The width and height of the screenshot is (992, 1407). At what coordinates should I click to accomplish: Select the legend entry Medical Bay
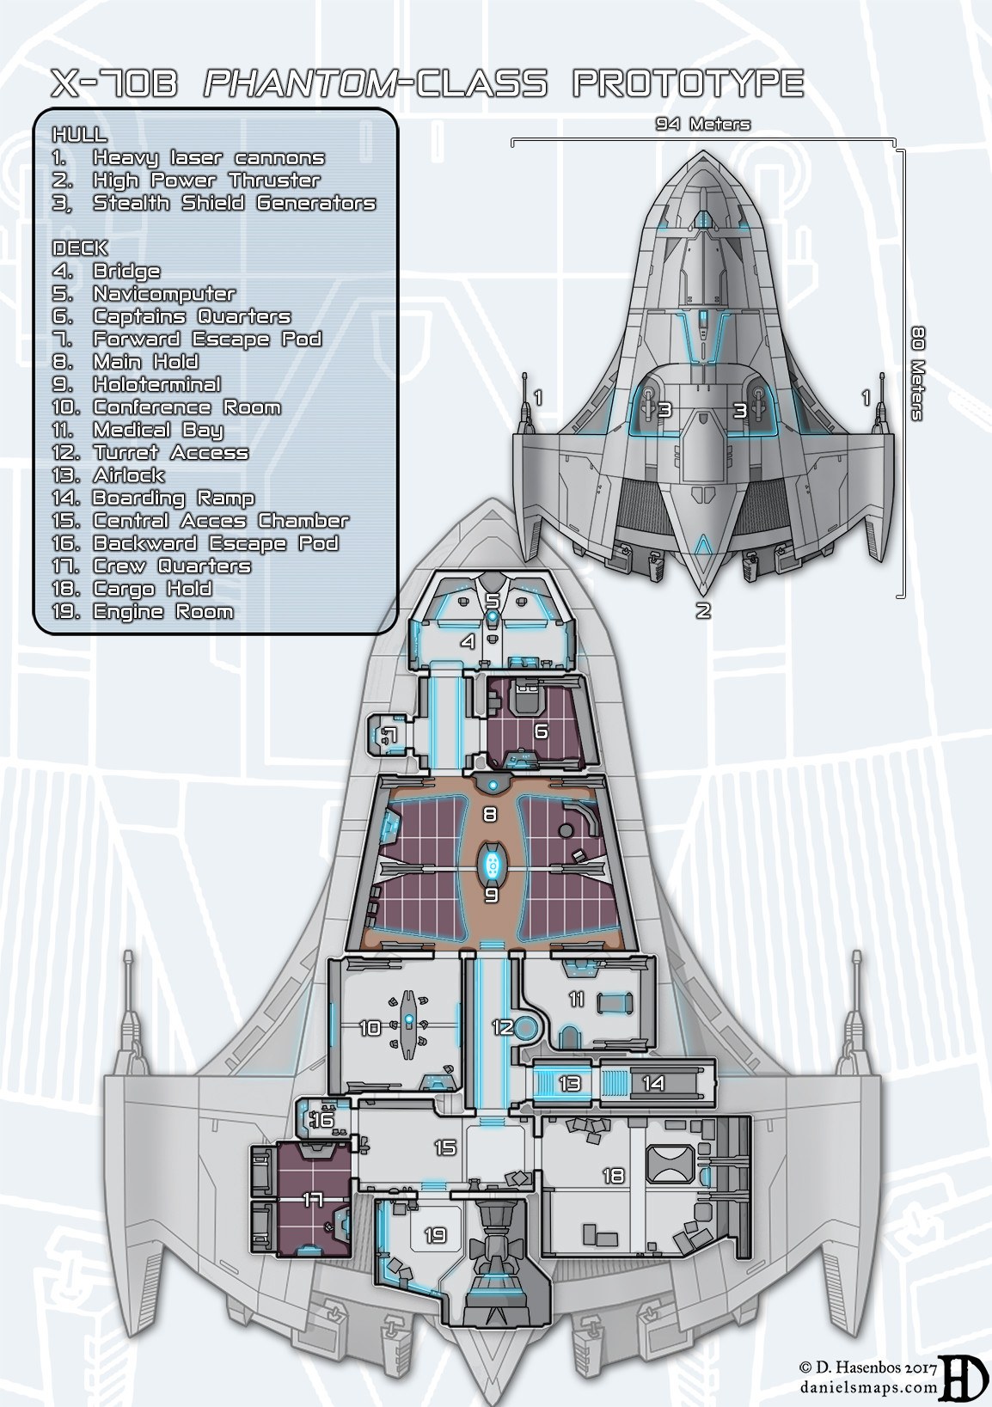pos(157,430)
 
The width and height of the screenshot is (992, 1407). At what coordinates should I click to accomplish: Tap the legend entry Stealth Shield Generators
pos(234,203)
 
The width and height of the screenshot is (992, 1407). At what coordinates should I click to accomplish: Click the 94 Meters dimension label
pos(702,124)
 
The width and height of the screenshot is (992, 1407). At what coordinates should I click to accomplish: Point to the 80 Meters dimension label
pos(917,373)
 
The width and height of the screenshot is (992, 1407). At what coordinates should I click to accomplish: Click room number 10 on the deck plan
pos(370,1027)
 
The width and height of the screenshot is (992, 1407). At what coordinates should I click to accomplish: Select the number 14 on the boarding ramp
pos(653,1083)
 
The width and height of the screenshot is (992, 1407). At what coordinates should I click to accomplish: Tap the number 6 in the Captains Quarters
pos(541,731)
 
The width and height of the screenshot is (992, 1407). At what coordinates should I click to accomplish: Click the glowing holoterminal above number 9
pos(491,864)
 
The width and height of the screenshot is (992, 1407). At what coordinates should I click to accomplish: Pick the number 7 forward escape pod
pos(389,733)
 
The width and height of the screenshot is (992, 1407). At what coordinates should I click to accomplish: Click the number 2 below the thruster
pos(703,611)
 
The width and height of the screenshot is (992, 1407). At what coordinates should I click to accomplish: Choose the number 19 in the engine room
pos(435,1235)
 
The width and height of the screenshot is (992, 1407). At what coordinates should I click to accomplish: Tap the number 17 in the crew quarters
pos(312,1198)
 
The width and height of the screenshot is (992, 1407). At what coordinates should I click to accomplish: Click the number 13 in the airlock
pos(569,1083)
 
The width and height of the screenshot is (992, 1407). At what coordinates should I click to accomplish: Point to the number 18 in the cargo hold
pos(613,1175)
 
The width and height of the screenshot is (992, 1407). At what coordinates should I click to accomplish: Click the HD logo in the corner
pos(962,1377)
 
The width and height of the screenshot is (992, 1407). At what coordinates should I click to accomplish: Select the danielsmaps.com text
pos(868,1386)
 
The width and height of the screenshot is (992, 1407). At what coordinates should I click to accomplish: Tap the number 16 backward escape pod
pos(323,1120)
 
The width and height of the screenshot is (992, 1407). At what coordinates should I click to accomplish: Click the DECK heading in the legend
pos(80,248)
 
